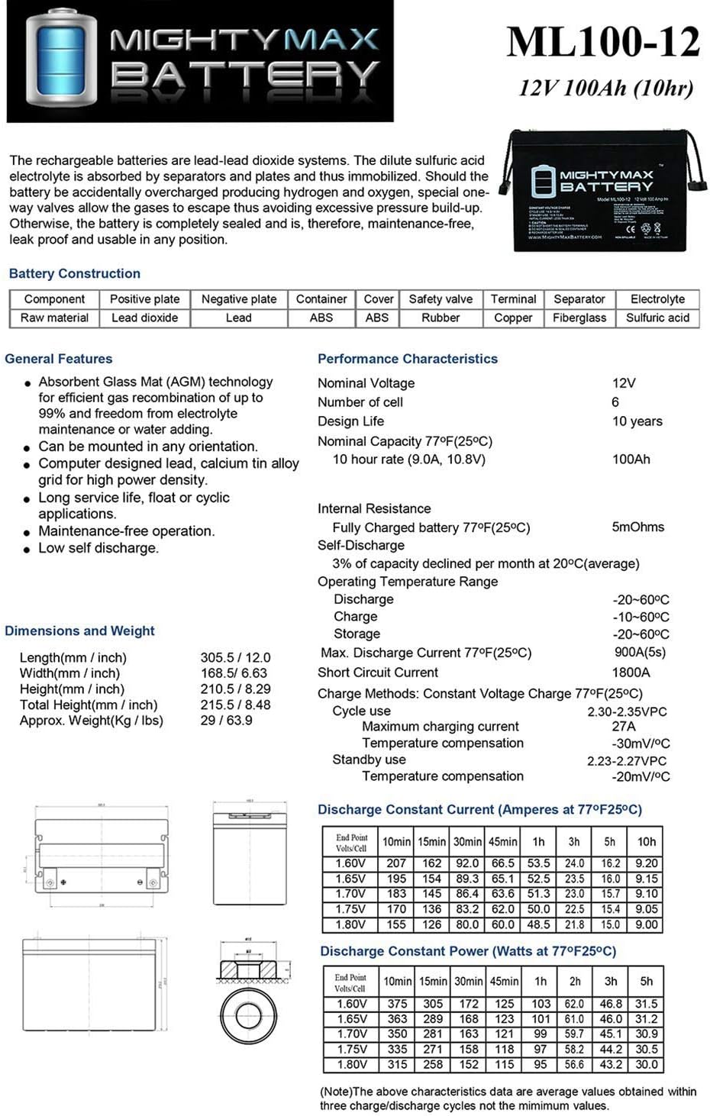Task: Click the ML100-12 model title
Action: pyautogui.click(x=603, y=42)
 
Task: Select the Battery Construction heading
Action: pyautogui.click(x=75, y=273)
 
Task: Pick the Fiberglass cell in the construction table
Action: pyautogui.click(x=579, y=318)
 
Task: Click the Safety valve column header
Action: pyautogui.click(x=441, y=299)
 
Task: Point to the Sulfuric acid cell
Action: pyautogui.click(x=657, y=318)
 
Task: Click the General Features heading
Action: pyautogui.click(x=59, y=359)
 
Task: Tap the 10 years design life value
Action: pyautogui.click(x=637, y=421)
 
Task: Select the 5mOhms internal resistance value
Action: pyautogui.click(x=637, y=527)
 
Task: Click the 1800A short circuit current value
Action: pyautogui.click(x=631, y=673)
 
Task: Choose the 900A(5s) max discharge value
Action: pyautogui.click(x=640, y=653)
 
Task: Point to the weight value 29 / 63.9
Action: pyautogui.click(x=226, y=720)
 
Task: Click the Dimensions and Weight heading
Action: pyautogui.click(x=79, y=631)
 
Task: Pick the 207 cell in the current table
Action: pyautogui.click(x=396, y=863)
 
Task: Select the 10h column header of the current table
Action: pyautogui.click(x=647, y=842)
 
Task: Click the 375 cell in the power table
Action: pyautogui.click(x=397, y=1004)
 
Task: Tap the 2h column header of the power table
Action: pyautogui.click(x=575, y=982)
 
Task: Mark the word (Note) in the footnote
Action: pyautogui.click(x=337, y=1092)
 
